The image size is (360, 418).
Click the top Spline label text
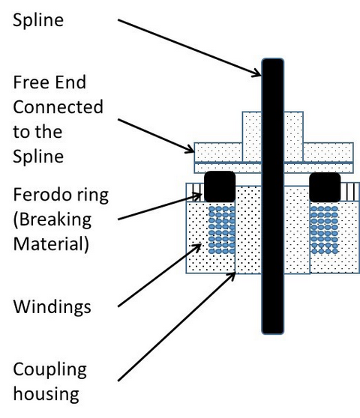tap(38, 20)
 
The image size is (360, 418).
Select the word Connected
tap(58, 107)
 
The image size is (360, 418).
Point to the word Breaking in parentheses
tap(52, 220)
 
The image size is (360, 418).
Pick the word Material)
tap(51, 244)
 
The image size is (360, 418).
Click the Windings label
tap(52, 307)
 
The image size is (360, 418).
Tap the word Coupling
tap(50, 370)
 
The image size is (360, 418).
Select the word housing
tap(46, 394)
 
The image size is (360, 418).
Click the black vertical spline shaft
tap(272, 196)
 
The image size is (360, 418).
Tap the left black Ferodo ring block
tap(220, 187)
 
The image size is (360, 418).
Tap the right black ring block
tap(325, 187)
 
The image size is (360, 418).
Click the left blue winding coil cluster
tap(222, 229)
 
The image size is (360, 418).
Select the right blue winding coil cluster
tap(325, 229)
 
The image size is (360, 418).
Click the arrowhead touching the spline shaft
tap(256, 73)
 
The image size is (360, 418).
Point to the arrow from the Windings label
tap(159, 276)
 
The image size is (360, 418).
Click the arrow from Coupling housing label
tap(177, 327)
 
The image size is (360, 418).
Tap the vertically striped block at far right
tap(349, 192)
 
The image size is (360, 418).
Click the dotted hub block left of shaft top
tap(252, 137)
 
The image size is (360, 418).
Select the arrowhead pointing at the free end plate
tap(190, 149)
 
